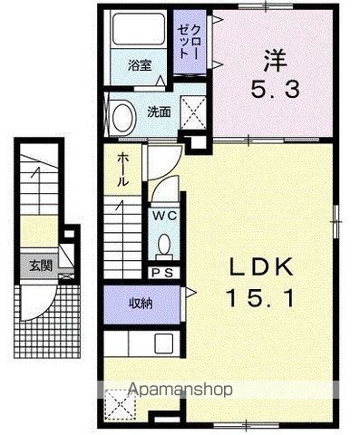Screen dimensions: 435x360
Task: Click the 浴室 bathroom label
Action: [x=139, y=67]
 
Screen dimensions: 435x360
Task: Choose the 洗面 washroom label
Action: [x=160, y=113]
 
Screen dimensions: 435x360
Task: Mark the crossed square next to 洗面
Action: [x=193, y=111]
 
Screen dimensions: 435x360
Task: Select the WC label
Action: [x=163, y=216]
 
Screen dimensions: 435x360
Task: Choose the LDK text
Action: [x=258, y=268]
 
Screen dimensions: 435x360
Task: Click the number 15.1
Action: [x=258, y=296]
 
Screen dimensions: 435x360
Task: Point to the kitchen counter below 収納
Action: [x=141, y=345]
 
